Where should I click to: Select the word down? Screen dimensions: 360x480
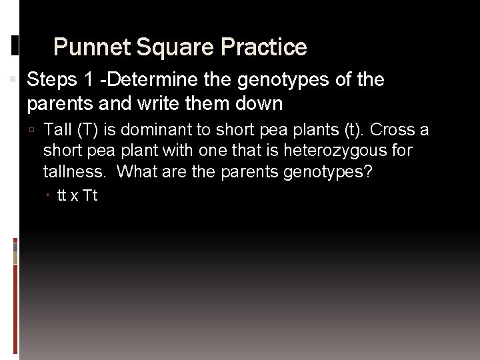261,104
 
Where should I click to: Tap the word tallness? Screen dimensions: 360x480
73,172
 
